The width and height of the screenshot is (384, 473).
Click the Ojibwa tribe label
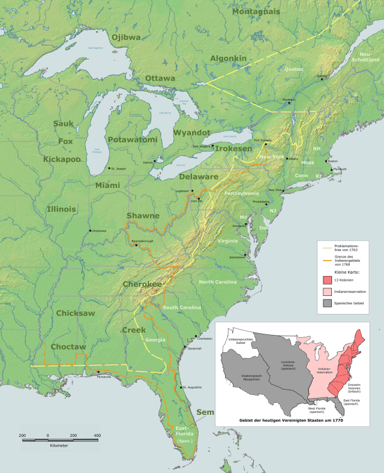click(123, 37)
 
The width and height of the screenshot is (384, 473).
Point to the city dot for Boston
click(325, 161)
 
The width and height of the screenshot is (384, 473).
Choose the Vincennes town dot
click(91, 230)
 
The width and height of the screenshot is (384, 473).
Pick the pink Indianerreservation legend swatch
click(325, 292)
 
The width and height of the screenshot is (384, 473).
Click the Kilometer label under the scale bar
click(58, 446)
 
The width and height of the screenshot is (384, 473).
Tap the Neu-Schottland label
click(365, 58)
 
